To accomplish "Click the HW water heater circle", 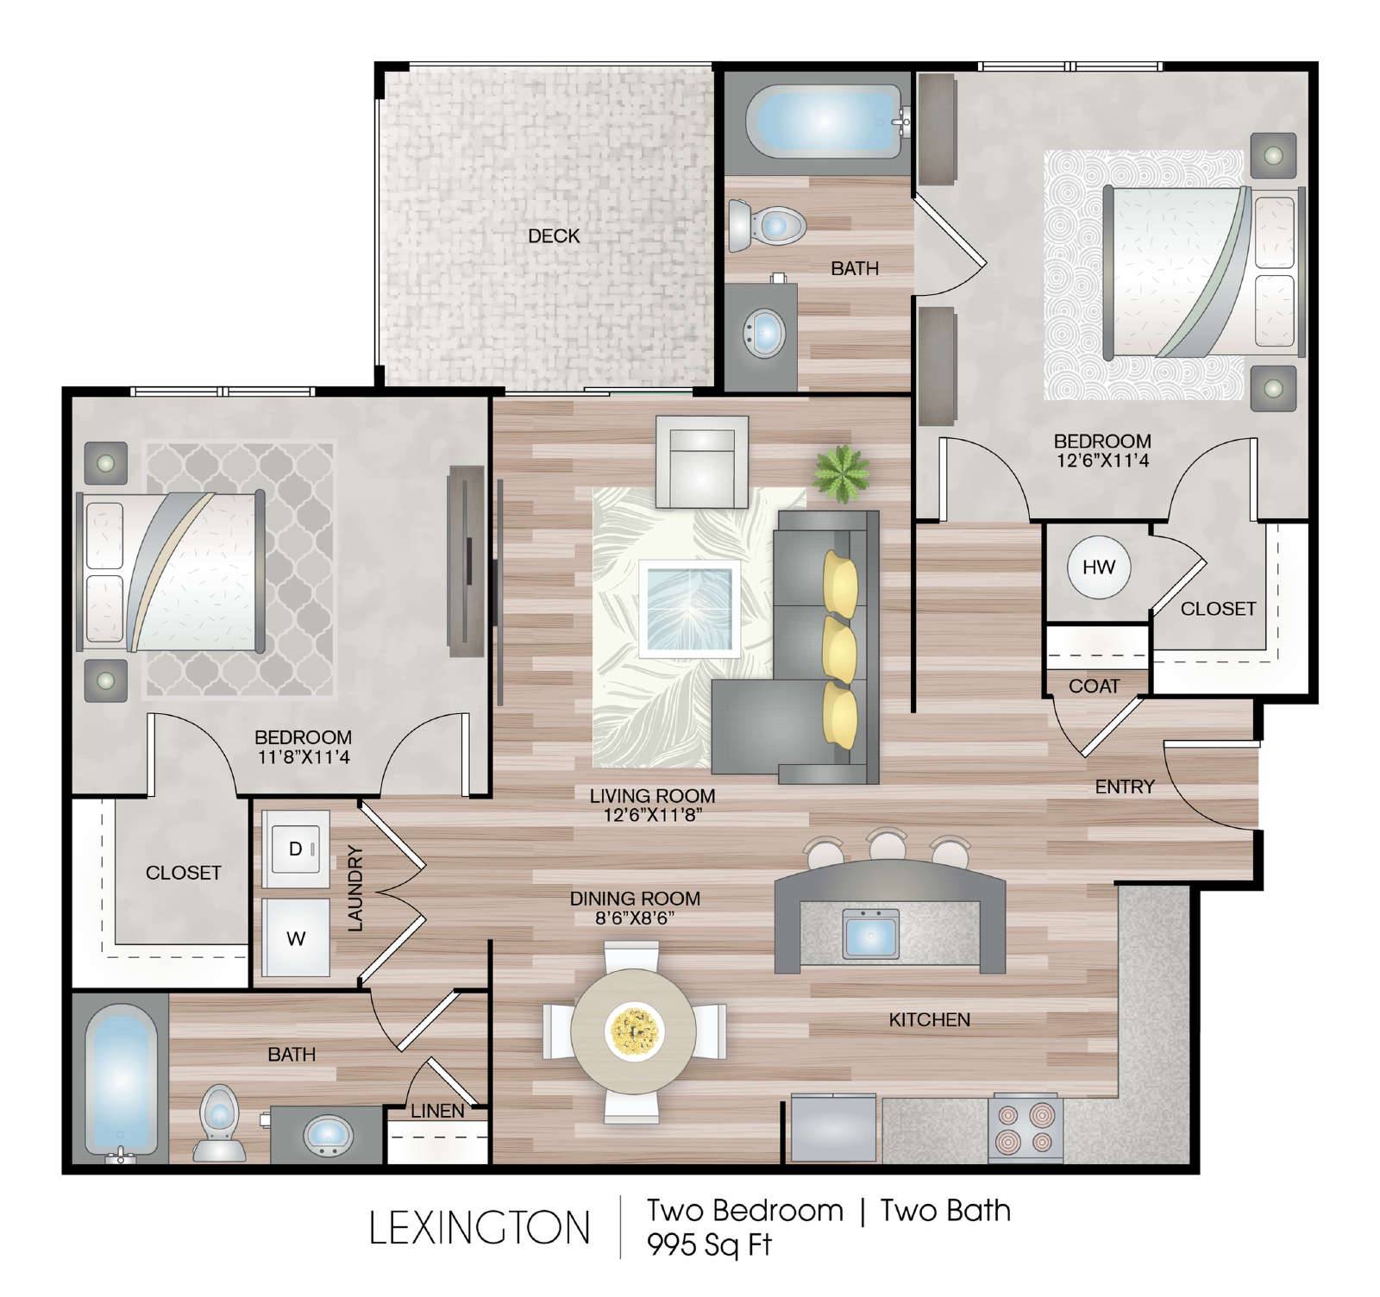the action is pyautogui.click(x=1098, y=567).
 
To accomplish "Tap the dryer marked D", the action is pyautogui.click(x=296, y=849).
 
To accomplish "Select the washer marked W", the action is pyautogui.click(x=296, y=938).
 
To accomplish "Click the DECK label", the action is pyautogui.click(x=554, y=235).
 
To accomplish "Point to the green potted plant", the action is pyautogui.click(x=841, y=473).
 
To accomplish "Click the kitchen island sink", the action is pyautogui.click(x=872, y=935).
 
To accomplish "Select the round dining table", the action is pyautogui.click(x=635, y=1031).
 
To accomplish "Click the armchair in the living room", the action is pyautogui.click(x=702, y=462).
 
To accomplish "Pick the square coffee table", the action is pyautogui.click(x=689, y=608).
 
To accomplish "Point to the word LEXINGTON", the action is pyautogui.click(x=480, y=1228).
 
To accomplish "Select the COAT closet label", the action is pyautogui.click(x=1094, y=686).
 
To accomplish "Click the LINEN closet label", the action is pyautogui.click(x=437, y=1111).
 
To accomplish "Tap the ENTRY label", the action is pyautogui.click(x=1125, y=786).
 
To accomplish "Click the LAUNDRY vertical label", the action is pyautogui.click(x=355, y=888).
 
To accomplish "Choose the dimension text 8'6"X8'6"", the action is pyautogui.click(x=635, y=918).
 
